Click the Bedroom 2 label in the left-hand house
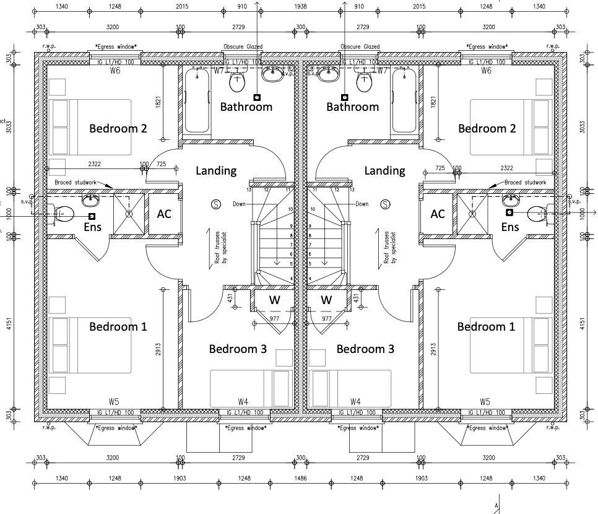click(118, 128)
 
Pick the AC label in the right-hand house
click(438, 214)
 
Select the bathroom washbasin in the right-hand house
click(329, 74)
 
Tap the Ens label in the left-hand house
click(92, 227)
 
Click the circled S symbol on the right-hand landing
click(385, 204)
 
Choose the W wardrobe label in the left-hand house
click(274, 300)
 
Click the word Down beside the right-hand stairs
click(362, 204)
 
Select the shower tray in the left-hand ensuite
click(129, 214)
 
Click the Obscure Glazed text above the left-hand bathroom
click(243, 46)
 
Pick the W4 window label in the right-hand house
click(355, 402)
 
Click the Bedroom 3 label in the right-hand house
click(365, 349)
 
